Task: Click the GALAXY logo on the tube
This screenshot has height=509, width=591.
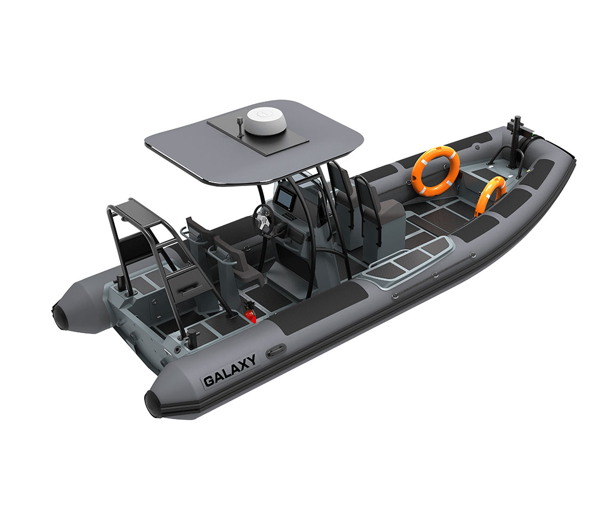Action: coord(229,371)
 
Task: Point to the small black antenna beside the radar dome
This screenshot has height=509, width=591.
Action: coord(240,126)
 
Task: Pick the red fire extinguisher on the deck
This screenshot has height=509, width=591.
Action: coord(250,314)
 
